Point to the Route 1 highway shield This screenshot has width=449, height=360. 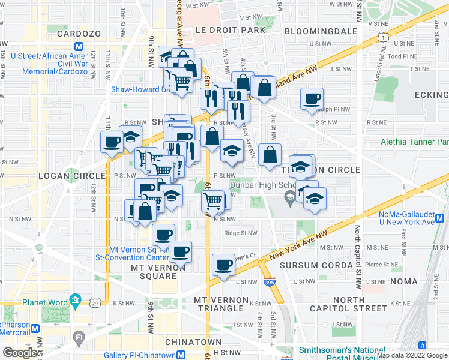(x=382, y=38)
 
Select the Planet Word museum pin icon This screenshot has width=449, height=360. (x=74, y=299)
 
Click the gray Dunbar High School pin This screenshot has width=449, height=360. (x=289, y=197)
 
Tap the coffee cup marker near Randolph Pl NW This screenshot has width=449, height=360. (x=312, y=99)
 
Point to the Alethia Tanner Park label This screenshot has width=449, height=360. (x=414, y=142)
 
